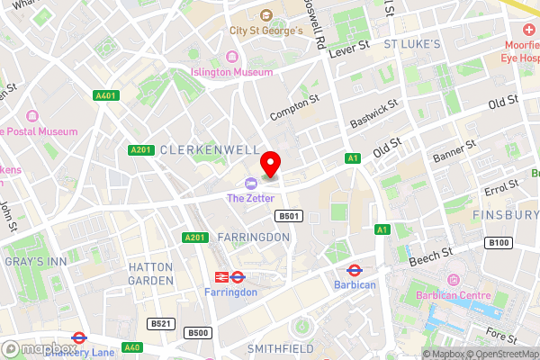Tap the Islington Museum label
(231, 72)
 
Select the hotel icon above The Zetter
(238, 184)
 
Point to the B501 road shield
(287, 217)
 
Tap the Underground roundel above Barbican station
(355, 269)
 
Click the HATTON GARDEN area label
(150, 274)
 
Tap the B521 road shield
(161, 323)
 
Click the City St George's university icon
(265, 15)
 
